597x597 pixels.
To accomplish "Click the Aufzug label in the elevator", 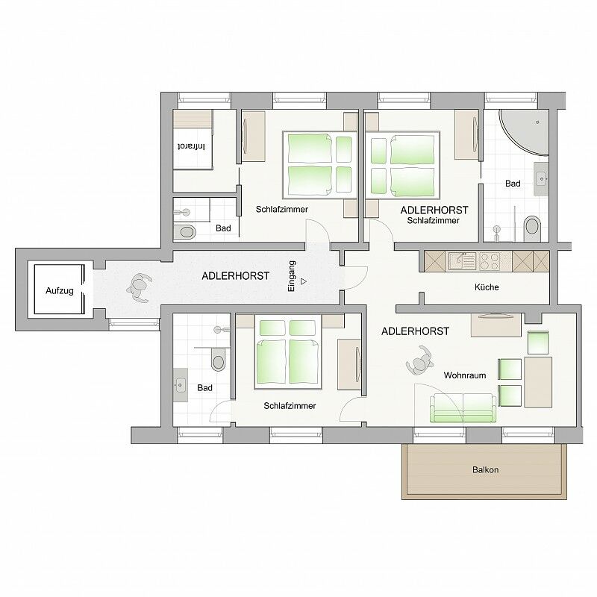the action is point(60,291).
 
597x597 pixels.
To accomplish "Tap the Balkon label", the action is point(485,470).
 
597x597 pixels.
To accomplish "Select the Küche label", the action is point(487,287).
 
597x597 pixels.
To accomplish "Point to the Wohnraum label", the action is point(465,375).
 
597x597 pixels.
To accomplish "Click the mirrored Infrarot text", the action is point(192,146).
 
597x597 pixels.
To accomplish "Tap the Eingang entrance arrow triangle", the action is point(304,282).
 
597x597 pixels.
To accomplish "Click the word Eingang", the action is point(292,276).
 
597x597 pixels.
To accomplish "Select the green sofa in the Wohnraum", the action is point(463,407).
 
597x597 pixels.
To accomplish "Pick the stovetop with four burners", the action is point(490,261).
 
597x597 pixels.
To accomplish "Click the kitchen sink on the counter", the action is point(463,261).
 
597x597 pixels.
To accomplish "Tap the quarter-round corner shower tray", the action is point(524,132).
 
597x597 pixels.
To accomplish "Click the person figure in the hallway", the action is point(140,288).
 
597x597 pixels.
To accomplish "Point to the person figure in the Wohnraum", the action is point(419,360).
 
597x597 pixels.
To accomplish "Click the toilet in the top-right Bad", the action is point(532,228).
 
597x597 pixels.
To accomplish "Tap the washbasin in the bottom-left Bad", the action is point(181,385).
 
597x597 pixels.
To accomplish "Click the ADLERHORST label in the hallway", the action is point(235,276).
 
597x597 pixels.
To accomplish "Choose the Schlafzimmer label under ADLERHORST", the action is point(434,220).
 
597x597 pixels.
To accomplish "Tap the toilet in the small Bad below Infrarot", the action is point(184,231).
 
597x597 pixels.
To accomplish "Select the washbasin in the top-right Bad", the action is point(541,178).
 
